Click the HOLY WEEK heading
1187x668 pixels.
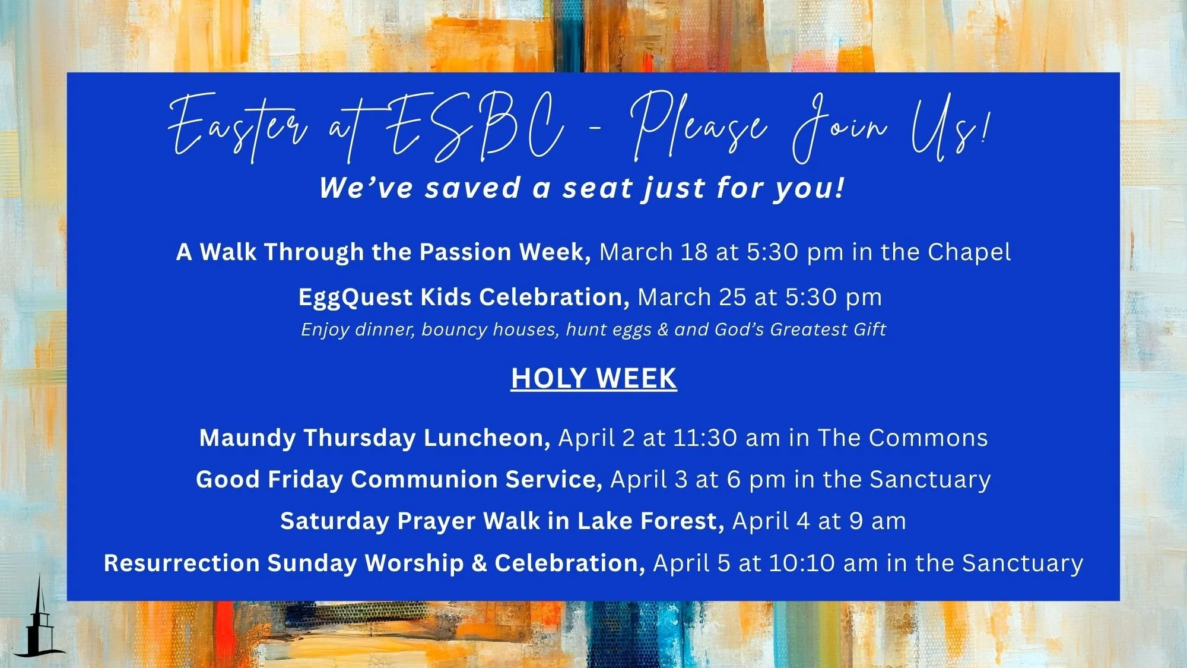click(x=593, y=379)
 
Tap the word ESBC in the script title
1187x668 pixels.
click(x=475, y=128)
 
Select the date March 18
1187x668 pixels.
click(x=653, y=252)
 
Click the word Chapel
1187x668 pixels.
click(x=969, y=252)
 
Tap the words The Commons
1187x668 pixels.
click(x=903, y=438)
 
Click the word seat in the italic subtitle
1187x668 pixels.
click(x=598, y=188)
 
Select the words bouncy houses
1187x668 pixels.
click(x=490, y=330)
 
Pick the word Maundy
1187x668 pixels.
click(x=247, y=438)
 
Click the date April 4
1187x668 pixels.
click(x=771, y=521)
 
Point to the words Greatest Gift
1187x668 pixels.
click(x=828, y=330)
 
